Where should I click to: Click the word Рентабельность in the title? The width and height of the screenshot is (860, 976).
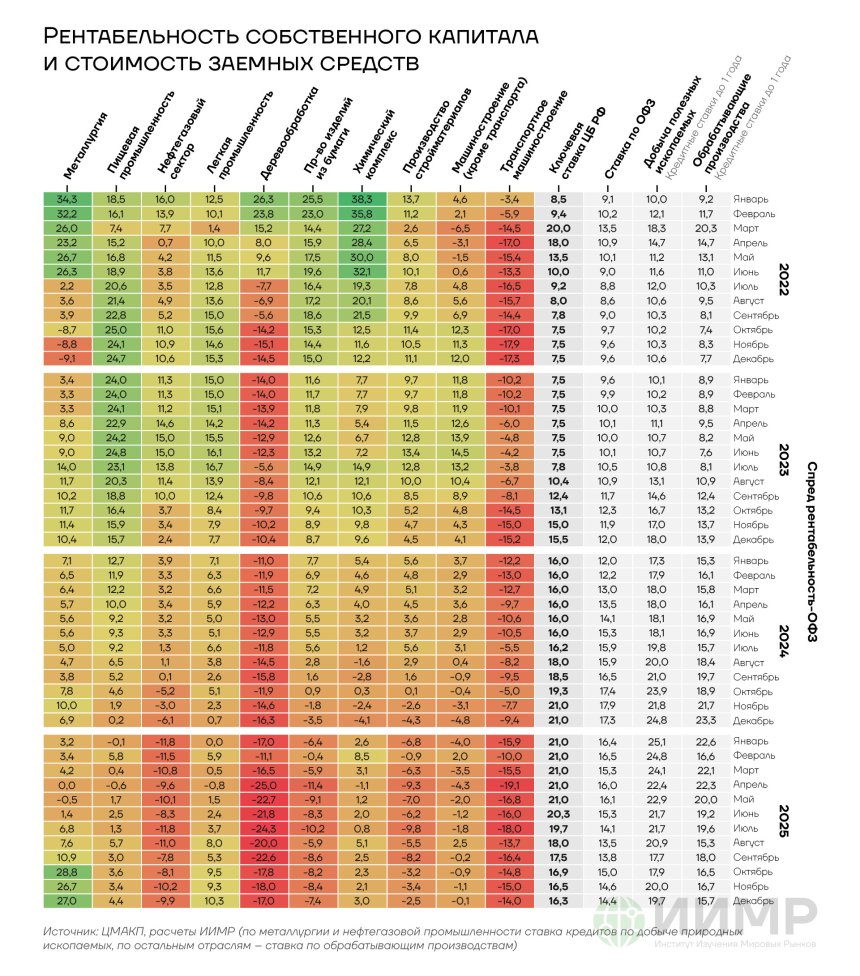(x=141, y=36)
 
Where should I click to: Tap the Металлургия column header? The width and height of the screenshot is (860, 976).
(x=85, y=146)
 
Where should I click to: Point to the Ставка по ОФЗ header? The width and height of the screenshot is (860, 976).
(x=629, y=139)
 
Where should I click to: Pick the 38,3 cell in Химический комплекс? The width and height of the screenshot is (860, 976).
(x=362, y=199)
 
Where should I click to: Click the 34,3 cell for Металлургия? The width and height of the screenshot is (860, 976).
(x=67, y=199)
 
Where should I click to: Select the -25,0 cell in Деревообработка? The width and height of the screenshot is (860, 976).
(x=264, y=785)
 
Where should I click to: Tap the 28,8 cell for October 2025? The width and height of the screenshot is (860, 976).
(x=67, y=872)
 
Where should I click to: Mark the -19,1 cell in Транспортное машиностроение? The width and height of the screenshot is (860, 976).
(x=510, y=785)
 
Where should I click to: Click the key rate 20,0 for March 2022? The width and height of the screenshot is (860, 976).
(x=558, y=228)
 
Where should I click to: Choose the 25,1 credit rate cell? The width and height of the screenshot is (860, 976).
(x=657, y=741)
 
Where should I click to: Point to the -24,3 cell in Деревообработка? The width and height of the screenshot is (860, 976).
(x=264, y=828)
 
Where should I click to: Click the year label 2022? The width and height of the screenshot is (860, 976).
(x=784, y=279)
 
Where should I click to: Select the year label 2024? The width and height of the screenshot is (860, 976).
(x=784, y=641)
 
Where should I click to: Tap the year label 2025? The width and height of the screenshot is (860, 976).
(x=784, y=821)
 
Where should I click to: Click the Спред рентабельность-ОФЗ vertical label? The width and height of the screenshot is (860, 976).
(x=811, y=551)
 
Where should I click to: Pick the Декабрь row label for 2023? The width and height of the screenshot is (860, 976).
(x=753, y=540)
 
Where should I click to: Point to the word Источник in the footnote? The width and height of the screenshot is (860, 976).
(x=67, y=932)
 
